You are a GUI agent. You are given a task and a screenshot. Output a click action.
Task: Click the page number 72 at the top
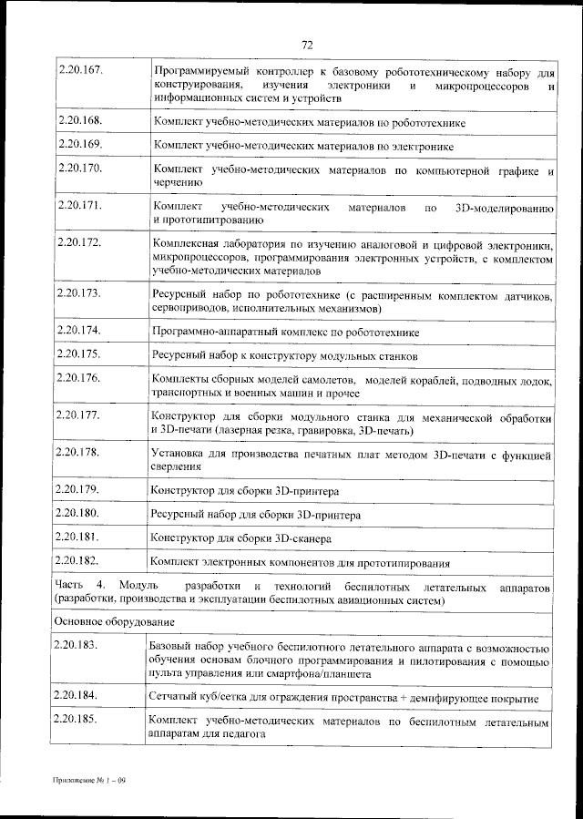coord(307,45)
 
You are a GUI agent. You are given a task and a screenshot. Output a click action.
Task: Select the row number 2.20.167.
coord(79,69)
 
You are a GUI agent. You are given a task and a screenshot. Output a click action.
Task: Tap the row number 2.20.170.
coord(79,169)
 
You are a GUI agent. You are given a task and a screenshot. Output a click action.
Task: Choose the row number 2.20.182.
coord(79,560)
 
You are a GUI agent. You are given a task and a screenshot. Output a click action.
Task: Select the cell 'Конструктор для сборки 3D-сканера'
coord(239,538)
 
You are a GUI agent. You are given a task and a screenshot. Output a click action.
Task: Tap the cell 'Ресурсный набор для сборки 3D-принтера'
coord(256,515)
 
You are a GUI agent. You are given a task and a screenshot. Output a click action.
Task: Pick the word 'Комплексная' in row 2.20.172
coord(189,244)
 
